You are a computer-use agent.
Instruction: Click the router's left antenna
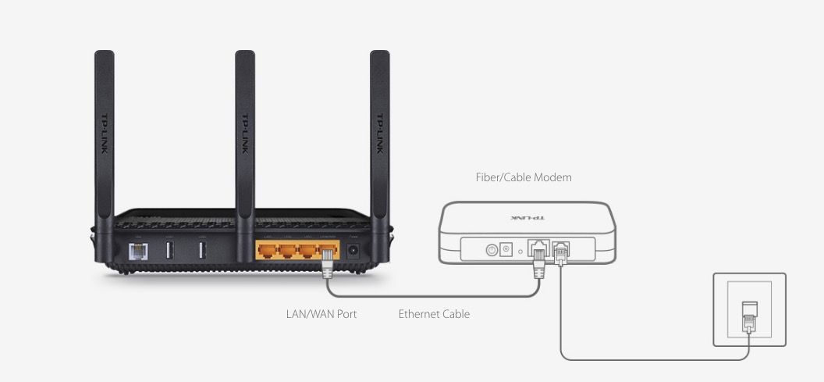click(104, 133)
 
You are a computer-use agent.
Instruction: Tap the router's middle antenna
click(245, 133)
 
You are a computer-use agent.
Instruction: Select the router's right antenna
click(379, 133)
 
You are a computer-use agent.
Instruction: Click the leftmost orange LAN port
click(268, 252)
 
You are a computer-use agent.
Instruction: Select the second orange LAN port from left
click(289, 252)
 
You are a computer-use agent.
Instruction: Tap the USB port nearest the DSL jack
click(169, 252)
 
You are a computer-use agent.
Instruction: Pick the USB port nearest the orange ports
click(202, 252)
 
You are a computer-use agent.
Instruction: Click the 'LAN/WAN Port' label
click(321, 314)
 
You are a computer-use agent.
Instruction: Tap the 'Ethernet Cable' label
click(434, 314)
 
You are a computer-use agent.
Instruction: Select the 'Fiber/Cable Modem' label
click(524, 177)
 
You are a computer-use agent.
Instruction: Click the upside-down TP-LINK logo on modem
click(527, 218)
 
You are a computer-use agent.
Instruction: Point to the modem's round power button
click(492, 250)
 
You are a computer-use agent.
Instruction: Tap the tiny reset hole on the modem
click(520, 252)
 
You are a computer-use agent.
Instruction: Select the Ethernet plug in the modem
click(538, 258)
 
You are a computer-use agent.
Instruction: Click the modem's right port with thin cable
click(560, 250)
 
